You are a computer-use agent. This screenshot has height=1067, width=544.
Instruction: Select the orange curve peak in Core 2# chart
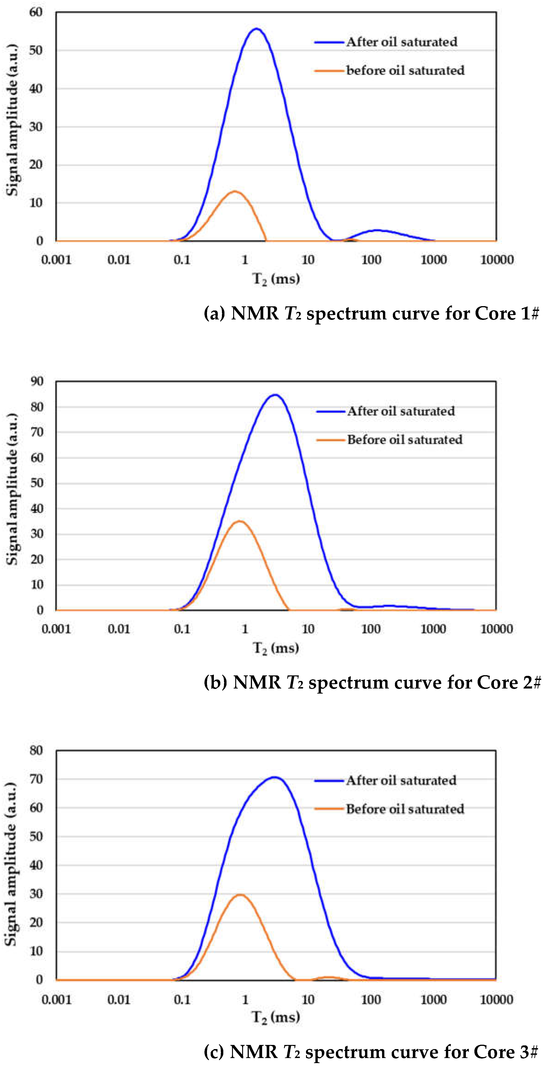click(x=240, y=521)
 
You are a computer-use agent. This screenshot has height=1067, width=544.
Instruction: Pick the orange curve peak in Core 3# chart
click(x=240, y=895)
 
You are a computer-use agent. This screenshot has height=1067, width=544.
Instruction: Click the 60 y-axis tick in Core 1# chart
click(x=36, y=12)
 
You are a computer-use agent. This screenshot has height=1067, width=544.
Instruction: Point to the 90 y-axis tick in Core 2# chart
click(x=37, y=381)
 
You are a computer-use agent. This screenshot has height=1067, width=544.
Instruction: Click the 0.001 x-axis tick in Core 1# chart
click(x=56, y=260)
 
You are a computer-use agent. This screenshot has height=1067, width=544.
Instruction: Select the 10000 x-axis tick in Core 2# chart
click(x=496, y=629)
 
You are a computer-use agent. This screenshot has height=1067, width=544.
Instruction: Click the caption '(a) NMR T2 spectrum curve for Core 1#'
click(x=371, y=313)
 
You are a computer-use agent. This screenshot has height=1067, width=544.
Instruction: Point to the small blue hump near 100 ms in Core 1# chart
click(x=377, y=230)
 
